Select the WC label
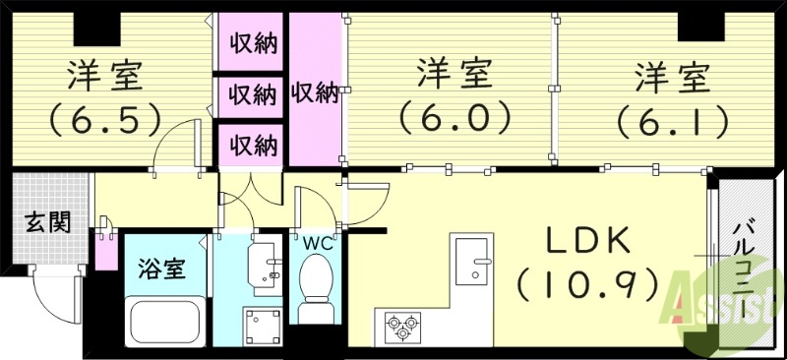317,241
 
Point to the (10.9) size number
587,285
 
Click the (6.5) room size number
105,119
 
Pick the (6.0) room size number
454,119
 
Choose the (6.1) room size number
673,119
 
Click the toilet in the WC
317,285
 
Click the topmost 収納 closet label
253,43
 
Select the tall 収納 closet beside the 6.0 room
315,93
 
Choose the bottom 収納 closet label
253,145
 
